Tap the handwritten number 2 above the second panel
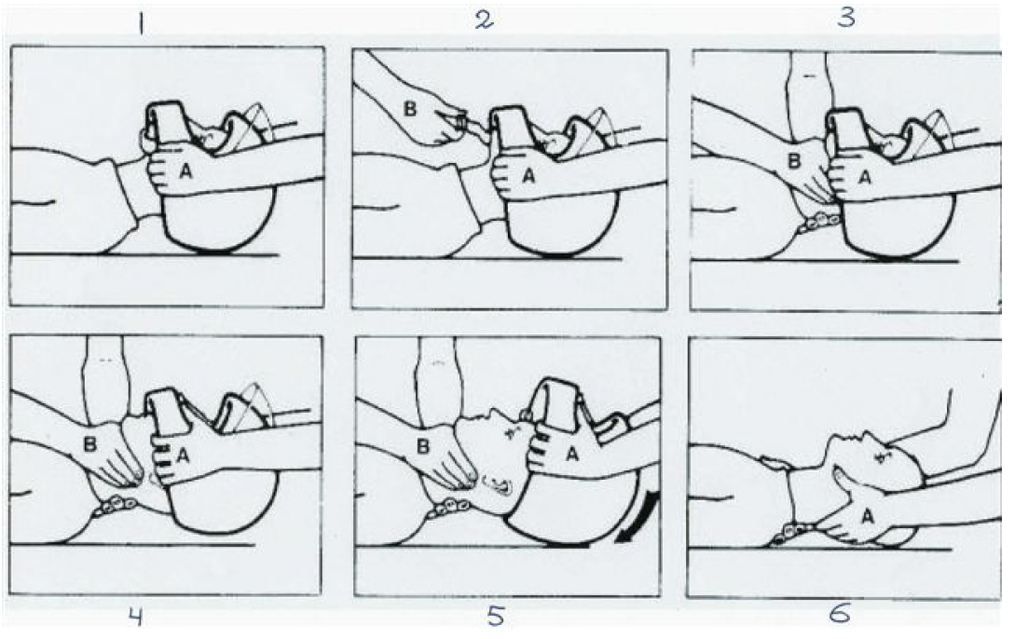coord(484,20)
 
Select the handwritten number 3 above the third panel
coord(846,18)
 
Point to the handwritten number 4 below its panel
coord(134,617)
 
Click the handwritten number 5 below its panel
coord(495,616)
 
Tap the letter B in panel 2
coord(410,108)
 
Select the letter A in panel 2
coord(528,174)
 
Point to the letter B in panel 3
coord(794,161)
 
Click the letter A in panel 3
coord(865,175)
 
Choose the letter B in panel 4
coord(90,444)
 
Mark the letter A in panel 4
coord(184,456)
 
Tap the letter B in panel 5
coord(423,446)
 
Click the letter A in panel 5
coord(571,455)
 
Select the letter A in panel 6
coord(870,516)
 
